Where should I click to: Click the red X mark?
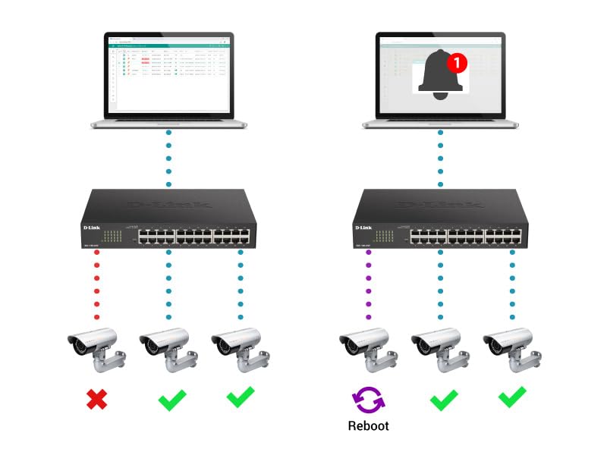pyautogui.click(x=96, y=399)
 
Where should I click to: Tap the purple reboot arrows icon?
pyautogui.click(x=368, y=399)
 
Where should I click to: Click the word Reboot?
pyautogui.click(x=368, y=426)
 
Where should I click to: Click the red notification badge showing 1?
pyautogui.click(x=456, y=63)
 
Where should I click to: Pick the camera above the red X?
pyautogui.click(x=93, y=349)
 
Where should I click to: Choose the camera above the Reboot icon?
pyautogui.click(x=365, y=349)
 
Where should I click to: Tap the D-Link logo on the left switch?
pyautogui.click(x=93, y=227)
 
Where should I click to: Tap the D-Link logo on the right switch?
pyautogui.click(x=364, y=227)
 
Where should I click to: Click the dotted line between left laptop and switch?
pyautogui.click(x=168, y=158)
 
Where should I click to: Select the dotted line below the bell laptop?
pyautogui.click(x=439, y=158)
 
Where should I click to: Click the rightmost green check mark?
pyautogui.click(x=512, y=397)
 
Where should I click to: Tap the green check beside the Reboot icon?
pyautogui.click(x=443, y=399)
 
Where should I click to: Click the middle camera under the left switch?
pyautogui.click(x=165, y=349)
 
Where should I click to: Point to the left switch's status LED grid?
pyautogui.click(x=112, y=234)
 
